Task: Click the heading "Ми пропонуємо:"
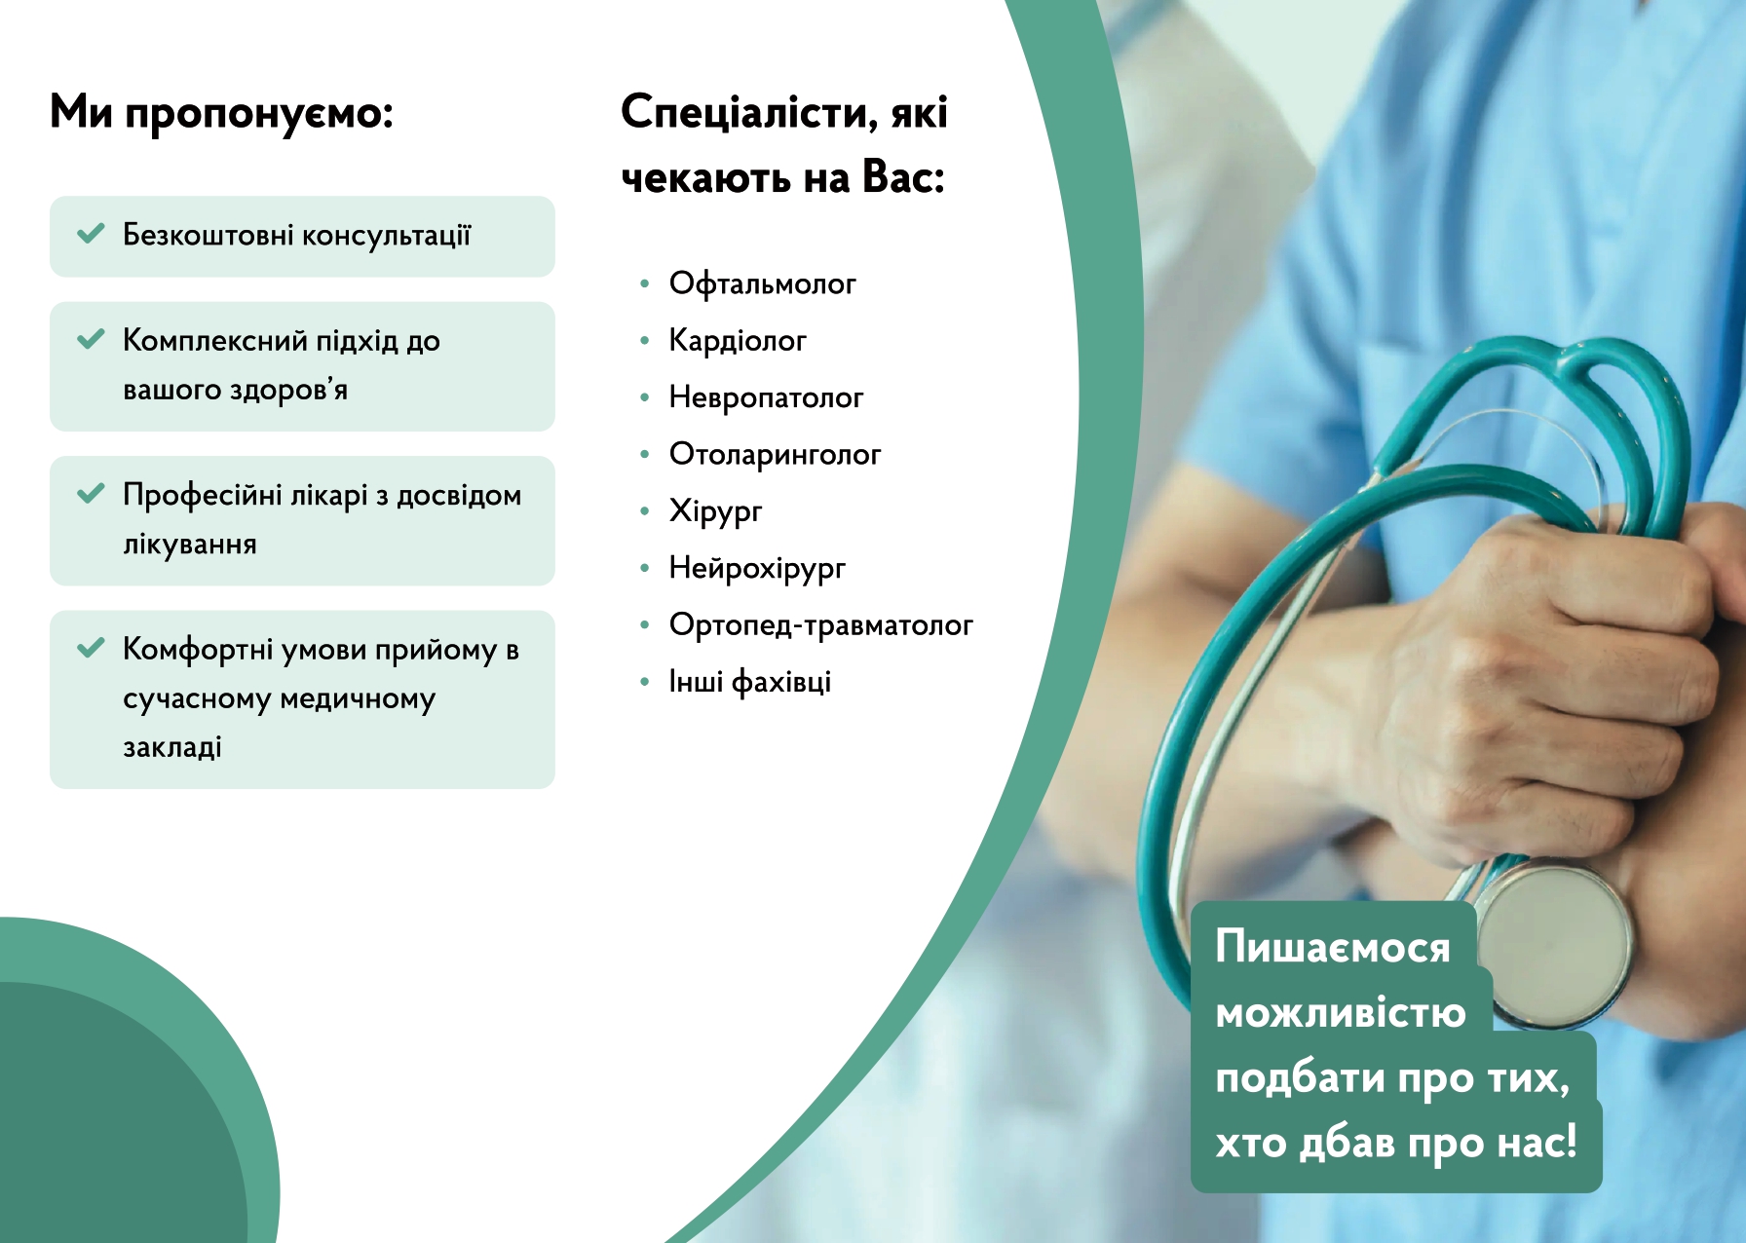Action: tap(221, 113)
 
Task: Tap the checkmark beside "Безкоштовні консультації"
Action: tap(91, 234)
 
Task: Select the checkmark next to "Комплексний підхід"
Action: tap(91, 339)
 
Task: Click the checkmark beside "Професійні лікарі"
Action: tap(91, 493)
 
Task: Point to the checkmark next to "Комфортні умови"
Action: tap(91, 648)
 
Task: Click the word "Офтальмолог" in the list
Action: tap(762, 284)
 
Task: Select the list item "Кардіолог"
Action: tap(738, 341)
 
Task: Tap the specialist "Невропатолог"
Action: tap(766, 397)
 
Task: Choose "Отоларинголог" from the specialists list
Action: tap(775, 455)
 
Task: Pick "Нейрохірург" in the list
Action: tap(757, 569)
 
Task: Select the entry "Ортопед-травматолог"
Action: tap(820, 625)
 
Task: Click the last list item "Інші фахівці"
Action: tap(749, 682)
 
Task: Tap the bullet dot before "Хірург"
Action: tap(644, 510)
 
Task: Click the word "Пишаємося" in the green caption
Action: tap(1333, 947)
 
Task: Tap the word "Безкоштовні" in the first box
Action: tap(208, 235)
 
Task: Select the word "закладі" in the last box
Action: tap(171, 747)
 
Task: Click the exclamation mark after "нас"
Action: tap(1569, 1141)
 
